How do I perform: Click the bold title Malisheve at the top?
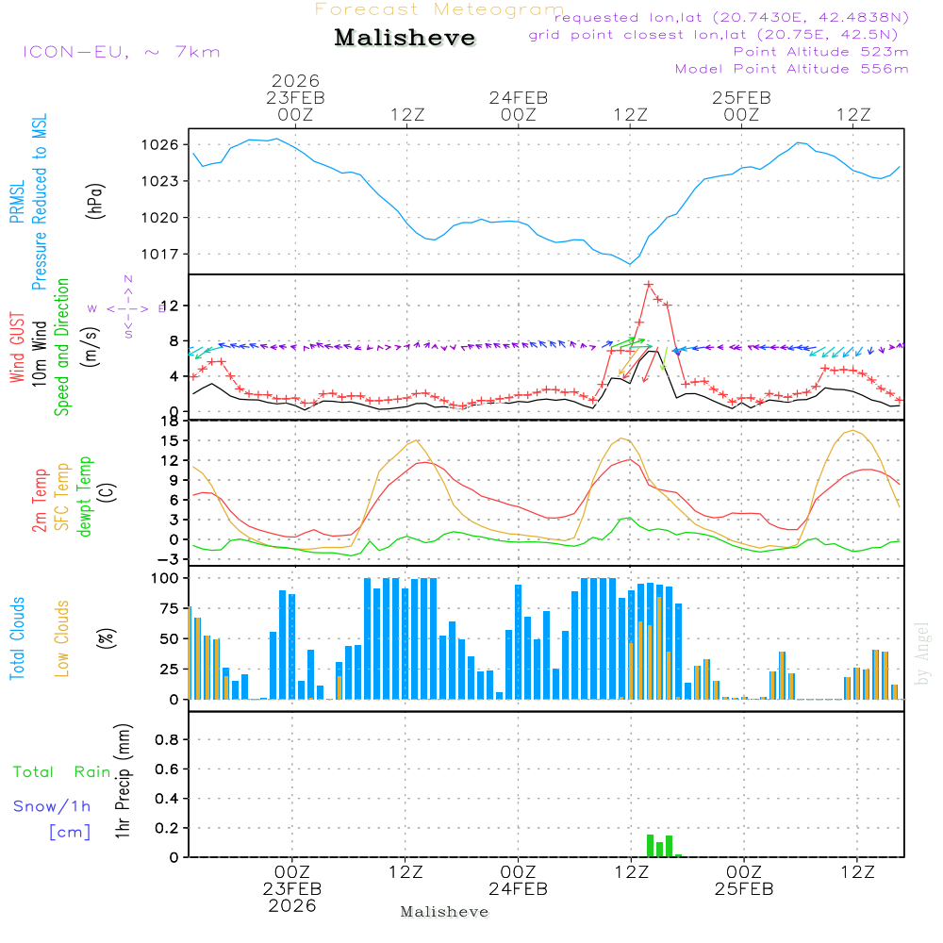pos(405,38)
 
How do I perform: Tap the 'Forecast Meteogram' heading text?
pos(439,10)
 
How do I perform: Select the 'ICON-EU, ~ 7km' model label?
pos(121,52)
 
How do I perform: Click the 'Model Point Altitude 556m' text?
pos(791,69)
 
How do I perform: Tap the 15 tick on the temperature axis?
pos(170,440)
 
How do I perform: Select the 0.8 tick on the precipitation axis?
pos(167,739)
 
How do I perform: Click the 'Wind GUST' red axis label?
pos(18,348)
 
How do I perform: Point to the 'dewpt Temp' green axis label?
pos(85,497)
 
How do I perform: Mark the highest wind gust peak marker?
pos(649,285)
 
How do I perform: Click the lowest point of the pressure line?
pos(630,264)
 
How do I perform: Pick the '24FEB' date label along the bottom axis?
pos(518,890)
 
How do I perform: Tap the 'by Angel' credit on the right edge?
pos(922,653)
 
